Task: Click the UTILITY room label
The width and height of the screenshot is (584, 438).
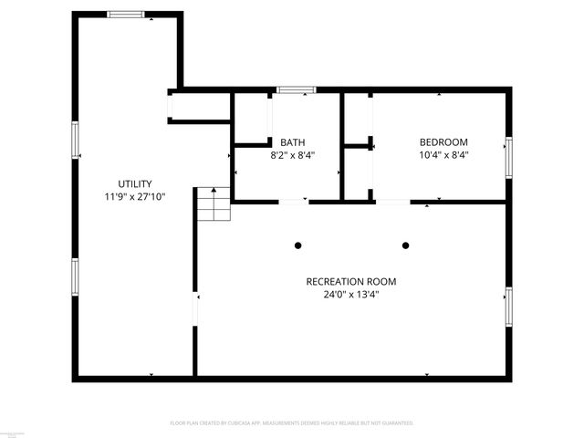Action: [134, 183]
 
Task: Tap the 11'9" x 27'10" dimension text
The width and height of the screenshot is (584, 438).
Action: [134, 196]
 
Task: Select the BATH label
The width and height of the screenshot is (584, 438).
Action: [292, 142]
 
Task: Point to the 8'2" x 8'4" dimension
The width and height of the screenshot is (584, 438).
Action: [292, 155]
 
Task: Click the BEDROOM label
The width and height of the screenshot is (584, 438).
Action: [443, 142]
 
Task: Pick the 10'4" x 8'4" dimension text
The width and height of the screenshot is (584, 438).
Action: [443, 155]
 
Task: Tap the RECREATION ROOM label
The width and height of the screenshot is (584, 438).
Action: [351, 281]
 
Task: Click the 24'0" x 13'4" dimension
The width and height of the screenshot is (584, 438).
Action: [351, 294]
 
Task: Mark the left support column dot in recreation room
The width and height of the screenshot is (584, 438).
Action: [297, 245]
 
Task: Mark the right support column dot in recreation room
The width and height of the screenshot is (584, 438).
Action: [406, 245]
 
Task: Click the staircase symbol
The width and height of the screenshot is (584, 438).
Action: [213, 204]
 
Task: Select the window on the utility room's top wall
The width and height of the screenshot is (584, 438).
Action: [125, 14]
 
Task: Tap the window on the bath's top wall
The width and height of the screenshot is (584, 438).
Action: [296, 89]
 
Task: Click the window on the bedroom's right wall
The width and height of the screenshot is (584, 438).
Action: [509, 155]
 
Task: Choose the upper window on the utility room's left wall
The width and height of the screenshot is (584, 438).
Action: [75, 141]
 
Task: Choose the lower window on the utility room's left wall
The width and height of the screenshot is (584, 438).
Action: [75, 276]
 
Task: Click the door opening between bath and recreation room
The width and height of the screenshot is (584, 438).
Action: [293, 201]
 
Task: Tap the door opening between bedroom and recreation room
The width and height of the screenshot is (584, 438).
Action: [392, 201]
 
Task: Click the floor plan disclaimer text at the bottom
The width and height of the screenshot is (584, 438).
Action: [292, 423]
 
